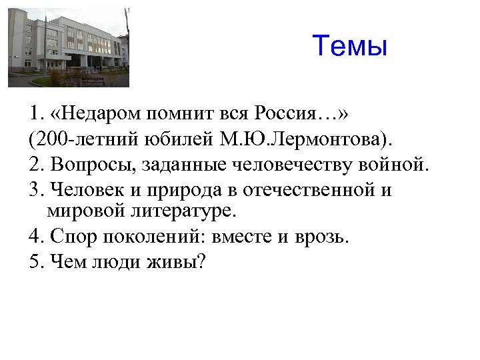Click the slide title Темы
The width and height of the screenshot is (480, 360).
click(x=349, y=47)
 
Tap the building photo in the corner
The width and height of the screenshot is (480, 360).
click(x=69, y=47)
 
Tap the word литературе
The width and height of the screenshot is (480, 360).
click(x=182, y=212)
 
